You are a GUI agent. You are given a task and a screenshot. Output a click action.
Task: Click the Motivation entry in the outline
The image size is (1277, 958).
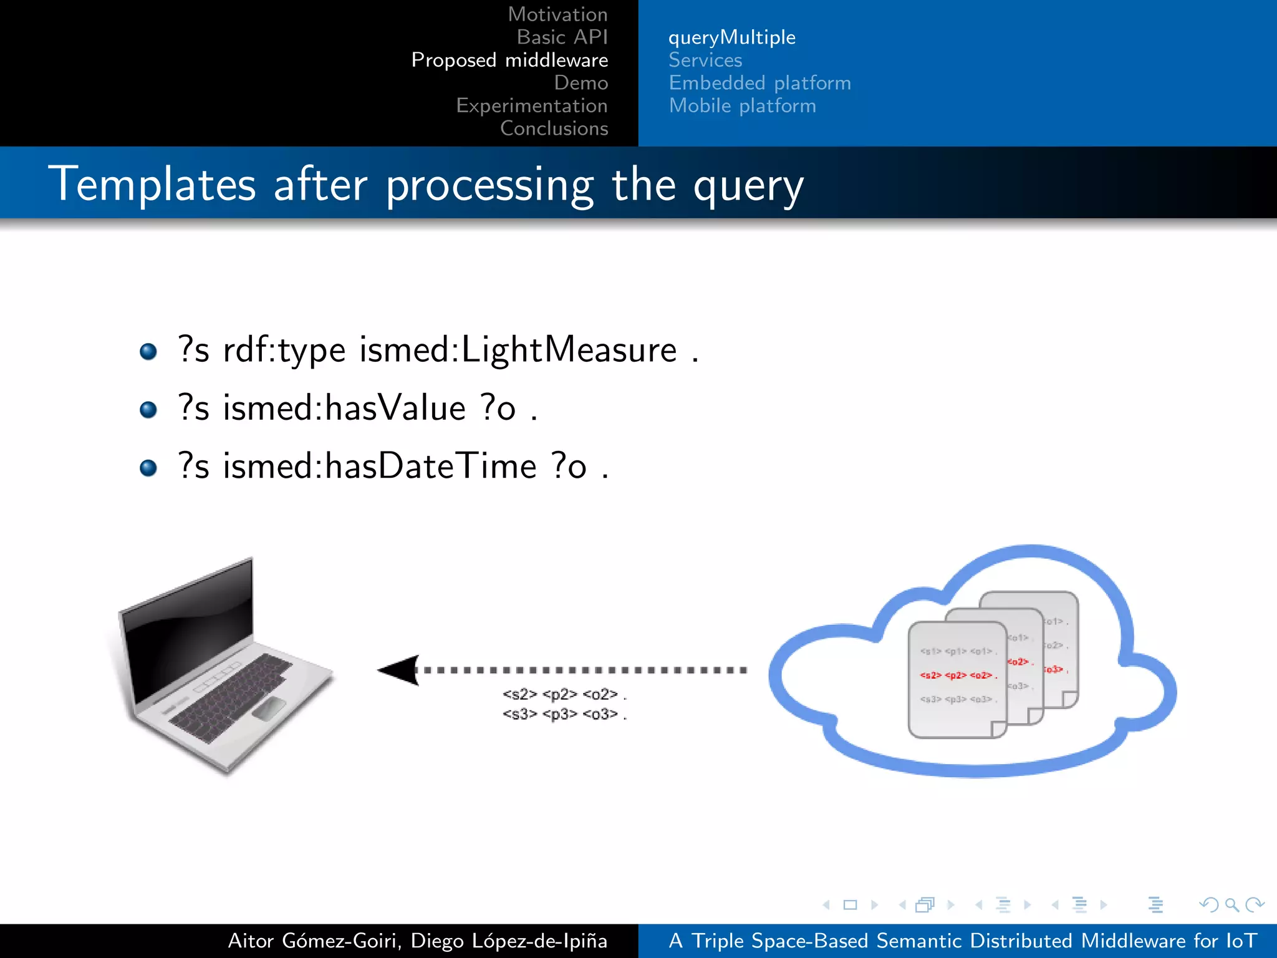557,14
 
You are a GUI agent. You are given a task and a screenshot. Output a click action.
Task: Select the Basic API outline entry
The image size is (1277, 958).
562,37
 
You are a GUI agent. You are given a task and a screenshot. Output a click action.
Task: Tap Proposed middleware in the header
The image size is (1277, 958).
509,60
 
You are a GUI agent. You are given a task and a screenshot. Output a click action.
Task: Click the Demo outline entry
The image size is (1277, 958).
581,83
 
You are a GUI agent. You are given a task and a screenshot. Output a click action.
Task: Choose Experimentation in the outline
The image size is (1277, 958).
531,105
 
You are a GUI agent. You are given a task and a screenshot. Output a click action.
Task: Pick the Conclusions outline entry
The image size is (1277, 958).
554,128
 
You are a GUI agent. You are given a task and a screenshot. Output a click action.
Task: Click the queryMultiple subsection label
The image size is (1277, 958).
731,37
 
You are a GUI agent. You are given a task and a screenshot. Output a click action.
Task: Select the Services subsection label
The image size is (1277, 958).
705,60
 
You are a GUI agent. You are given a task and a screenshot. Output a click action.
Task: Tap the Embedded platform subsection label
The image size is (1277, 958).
759,83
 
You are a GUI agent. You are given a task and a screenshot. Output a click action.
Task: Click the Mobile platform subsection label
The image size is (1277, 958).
742,106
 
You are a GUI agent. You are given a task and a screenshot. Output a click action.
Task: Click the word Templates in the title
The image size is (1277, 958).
152,185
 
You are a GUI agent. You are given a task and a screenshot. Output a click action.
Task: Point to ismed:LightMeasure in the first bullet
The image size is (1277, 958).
518,350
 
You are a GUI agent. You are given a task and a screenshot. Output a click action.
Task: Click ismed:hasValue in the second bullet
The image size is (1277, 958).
344,409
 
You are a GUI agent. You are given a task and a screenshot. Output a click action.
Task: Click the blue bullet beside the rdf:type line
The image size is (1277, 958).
148,352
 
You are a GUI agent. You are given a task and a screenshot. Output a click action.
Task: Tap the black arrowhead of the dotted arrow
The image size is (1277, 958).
399,670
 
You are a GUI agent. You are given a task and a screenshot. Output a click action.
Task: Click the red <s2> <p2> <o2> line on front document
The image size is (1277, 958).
958,675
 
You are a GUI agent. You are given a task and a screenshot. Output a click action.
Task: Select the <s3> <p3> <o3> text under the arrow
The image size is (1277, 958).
561,714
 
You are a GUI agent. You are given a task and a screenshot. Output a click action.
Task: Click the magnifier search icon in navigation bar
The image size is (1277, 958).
1231,904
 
